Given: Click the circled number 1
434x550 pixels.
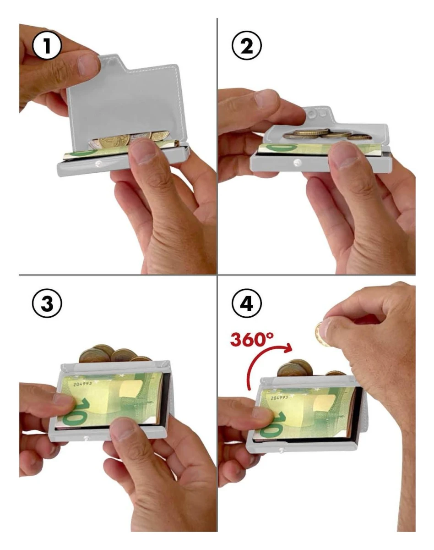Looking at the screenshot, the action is pyautogui.click(x=47, y=46).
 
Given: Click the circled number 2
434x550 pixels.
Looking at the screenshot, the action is pyautogui.click(x=247, y=46).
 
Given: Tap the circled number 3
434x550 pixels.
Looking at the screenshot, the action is pyautogui.click(x=47, y=303).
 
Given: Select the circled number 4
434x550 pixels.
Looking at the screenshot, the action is pyautogui.click(x=247, y=303).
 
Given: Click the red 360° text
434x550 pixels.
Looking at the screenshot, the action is pyautogui.click(x=252, y=339).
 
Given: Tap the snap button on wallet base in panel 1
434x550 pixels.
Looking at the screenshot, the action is pyautogui.click(x=98, y=164).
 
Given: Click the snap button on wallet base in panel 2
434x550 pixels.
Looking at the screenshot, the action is pyautogui.click(x=297, y=162).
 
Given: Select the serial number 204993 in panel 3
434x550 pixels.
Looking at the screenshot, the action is pyautogui.click(x=82, y=384).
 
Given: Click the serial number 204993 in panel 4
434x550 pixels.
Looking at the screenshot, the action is pyautogui.click(x=279, y=398).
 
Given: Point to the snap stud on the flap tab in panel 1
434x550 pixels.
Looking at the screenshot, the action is pyautogui.click(x=110, y=62).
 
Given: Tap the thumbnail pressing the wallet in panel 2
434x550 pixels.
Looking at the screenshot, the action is pyautogui.click(x=344, y=157).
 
